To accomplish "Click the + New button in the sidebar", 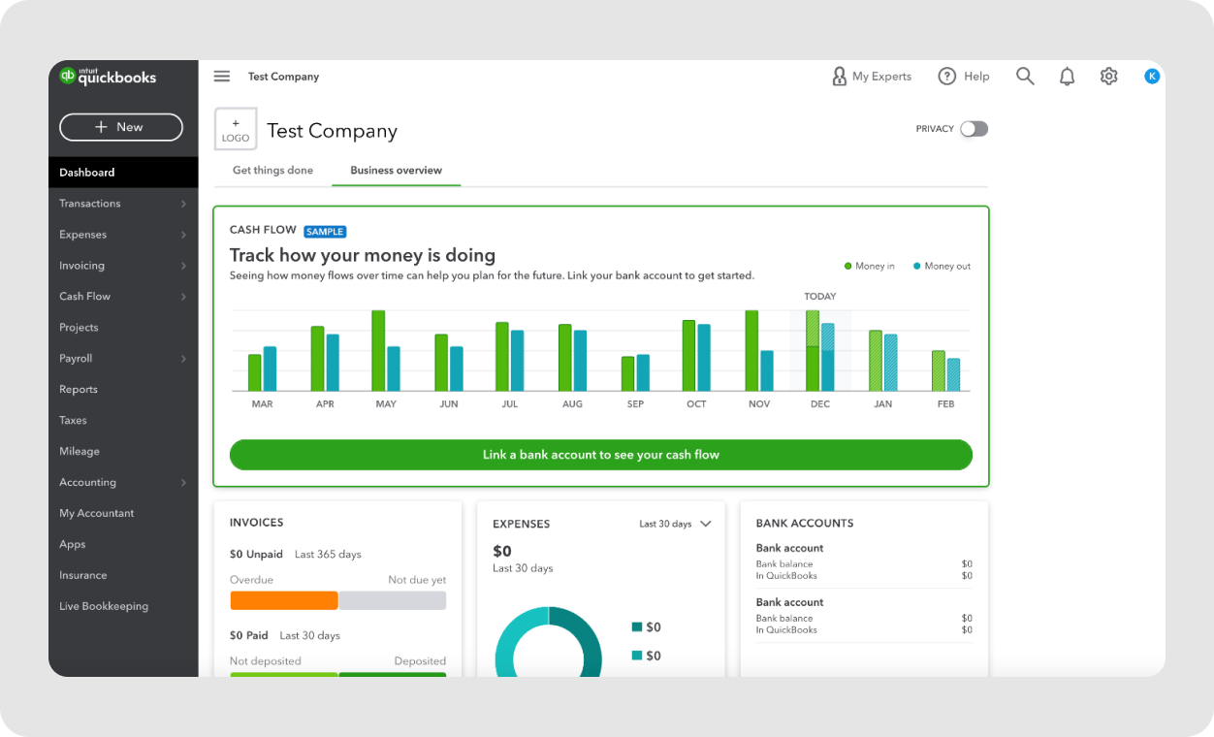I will point(121,127).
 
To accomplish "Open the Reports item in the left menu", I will point(79,389).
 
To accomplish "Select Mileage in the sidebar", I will point(80,451).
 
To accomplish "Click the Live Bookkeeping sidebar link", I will point(104,606).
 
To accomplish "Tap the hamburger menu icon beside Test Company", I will point(222,77).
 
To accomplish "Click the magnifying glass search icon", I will point(1025,77).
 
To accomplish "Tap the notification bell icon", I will point(1067,77).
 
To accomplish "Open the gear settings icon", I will point(1109,77).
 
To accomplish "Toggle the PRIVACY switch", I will point(974,129).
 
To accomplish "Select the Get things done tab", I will point(272,170).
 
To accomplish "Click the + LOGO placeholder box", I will point(236,130).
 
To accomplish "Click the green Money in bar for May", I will point(378,351).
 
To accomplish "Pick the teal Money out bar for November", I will point(767,370).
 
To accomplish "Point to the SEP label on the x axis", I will point(635,403).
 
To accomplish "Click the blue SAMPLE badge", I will point(325,232).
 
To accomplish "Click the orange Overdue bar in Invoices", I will point(284,600).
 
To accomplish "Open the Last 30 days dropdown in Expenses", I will point(675,524).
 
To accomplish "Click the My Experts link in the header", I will point(872,77).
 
